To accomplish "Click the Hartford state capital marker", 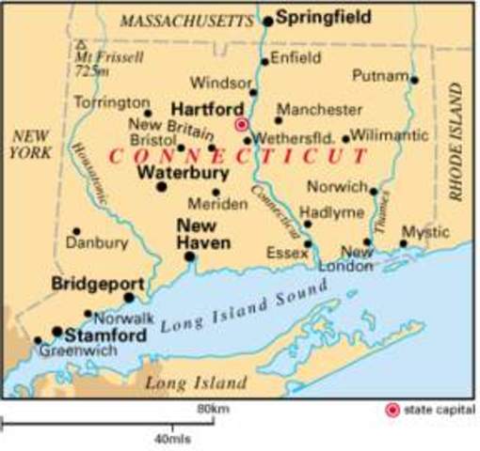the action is pyautogui.click(x=241, y=124).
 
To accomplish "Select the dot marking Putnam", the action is pyautogui.click(x=414, y=80).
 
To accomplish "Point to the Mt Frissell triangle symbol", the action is pyautogui.click(x=81, y=44).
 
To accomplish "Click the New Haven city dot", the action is pyautogui.click(x=189, y=256).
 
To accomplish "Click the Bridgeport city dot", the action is pyautogui.click(x=129, y=297).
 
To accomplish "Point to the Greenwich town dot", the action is pyautogui.click(x=39, y=341).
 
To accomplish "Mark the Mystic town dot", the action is pyautogui.click(x=403, y=243).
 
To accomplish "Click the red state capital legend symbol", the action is pyautogui.click(x=392, y=410).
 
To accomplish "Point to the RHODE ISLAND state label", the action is pyautogui.click(x=457, y=141).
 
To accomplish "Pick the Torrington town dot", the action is pyautogui.click(x=148, y=114).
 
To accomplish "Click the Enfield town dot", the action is pyautogui.click(x=264, y=62).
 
